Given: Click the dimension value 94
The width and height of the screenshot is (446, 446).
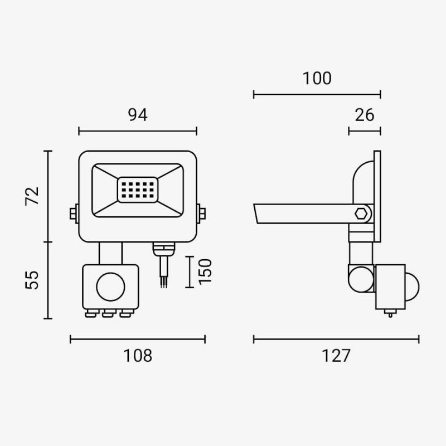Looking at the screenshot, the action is (x=138, y=115).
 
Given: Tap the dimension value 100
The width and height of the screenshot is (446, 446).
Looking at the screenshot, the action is (x=317, y=78).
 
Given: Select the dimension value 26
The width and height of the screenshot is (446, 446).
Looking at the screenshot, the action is (x=365, y=115).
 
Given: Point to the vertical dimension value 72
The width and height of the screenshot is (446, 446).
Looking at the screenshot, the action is (x=32, y=196).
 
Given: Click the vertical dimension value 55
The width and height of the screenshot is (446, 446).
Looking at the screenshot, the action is (x=32, y=280).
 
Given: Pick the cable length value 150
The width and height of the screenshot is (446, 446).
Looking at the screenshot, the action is (x=205, y=272).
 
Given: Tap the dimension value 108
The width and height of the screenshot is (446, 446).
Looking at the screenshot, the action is (x=138, y=356).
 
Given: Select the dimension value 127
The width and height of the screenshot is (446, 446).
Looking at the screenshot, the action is (x=336, y=356).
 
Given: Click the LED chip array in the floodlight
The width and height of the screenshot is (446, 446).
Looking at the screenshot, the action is (x=138, y=190).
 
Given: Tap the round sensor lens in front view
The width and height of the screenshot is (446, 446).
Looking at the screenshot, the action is (x=110, y=287).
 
